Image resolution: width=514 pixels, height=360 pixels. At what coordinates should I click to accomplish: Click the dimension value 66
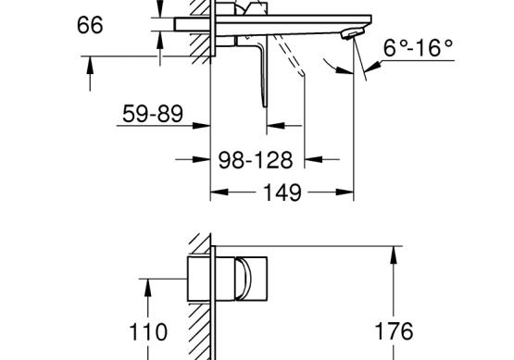(x=90, y=25)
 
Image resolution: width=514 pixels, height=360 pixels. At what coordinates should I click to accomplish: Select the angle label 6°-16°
(x=418, y=48)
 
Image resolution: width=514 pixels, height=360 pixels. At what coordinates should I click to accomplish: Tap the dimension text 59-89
(x=153, y=114)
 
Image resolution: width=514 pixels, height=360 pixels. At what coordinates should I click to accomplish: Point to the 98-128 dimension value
(x=256, y=160)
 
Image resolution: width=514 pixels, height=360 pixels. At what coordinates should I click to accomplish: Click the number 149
(x=282, y=192)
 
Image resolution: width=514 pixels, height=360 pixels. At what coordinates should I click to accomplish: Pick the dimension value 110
(x=148, y=332)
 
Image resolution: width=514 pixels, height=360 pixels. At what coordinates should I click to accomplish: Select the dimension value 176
(x=394, y=331)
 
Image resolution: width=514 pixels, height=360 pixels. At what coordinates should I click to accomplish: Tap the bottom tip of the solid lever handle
(x=265, y=106)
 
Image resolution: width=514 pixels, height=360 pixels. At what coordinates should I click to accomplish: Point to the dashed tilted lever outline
(x=289, y=55)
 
